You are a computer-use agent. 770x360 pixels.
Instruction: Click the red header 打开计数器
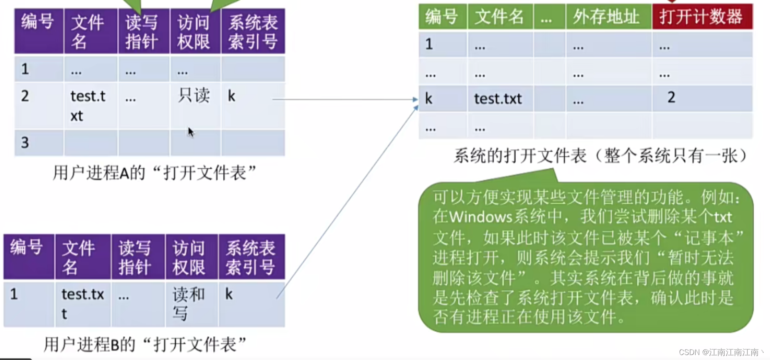(x=701, y=17)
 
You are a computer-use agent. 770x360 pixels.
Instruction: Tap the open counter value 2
(x=671, y=98)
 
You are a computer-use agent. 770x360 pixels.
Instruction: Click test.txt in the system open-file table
(x=498, y=99)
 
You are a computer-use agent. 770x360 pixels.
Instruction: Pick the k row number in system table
(x=428, y=99)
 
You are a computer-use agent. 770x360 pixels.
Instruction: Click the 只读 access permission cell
(x=194, y=96)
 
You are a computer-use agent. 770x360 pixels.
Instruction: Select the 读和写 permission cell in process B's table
(x=189, y=303)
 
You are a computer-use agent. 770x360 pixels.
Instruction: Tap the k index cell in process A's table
(x=232, y=96)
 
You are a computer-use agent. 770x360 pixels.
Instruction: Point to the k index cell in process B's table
(x=229, y=294)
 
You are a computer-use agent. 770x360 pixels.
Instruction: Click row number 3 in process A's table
(x=25, y=143)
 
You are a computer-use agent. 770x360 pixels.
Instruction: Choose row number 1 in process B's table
(x=14, y=294)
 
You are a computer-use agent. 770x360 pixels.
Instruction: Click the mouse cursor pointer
(x=190, y=132)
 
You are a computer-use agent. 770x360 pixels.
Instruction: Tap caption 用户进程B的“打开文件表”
(x=145, y=344)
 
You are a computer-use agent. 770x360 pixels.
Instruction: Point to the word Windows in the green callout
(x=480, y=217)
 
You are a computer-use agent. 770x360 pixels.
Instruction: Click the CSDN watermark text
(x=721, y=352)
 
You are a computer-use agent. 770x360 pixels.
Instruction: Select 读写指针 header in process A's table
(x=142, y=32)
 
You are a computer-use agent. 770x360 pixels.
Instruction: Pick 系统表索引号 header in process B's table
(x=251, y=258)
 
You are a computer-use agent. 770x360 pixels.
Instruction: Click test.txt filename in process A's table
(x=88, y=106)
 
